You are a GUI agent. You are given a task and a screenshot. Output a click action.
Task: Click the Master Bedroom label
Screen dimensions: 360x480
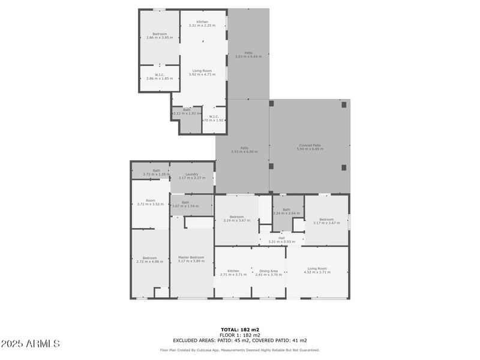pyautogui.click(x=191, y=259)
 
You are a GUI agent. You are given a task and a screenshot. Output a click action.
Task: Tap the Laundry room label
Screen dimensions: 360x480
pyautogui.click(x=192, y=176)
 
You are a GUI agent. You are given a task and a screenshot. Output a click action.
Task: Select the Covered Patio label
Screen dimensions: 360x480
pyautogui.click(x=310, y=147)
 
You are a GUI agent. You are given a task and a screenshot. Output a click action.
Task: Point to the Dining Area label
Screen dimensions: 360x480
pyautogui.click(x=269, y=272)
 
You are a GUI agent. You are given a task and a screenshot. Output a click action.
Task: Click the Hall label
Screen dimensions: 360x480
pyautogui.click(x=281, y=239)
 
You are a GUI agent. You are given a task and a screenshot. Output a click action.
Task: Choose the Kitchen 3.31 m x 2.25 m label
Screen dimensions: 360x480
pyautogui.click(x=202, y=23)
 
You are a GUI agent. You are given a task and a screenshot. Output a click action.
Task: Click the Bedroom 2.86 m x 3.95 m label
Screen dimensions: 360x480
pyautogui.click(x=160, y=35)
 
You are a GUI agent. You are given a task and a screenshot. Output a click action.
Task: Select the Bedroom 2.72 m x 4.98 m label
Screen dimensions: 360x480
pyautogui.click(x=150, y=260)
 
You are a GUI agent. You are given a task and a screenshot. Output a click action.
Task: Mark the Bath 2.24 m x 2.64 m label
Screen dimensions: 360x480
pyautogui.click(x=286, y=211)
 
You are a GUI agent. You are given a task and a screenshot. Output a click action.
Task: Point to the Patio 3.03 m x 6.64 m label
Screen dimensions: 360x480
pyautogui.click(x=248, y=55)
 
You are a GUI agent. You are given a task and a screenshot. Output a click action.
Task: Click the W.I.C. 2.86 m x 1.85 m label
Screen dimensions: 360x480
pyautogui.click(x=160, y=77)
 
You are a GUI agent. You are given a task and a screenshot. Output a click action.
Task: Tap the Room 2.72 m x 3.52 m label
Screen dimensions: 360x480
pyautogui.click(x=150, y=202)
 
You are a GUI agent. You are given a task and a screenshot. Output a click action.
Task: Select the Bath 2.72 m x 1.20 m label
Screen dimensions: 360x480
pyautogui.click(x=157, y=172)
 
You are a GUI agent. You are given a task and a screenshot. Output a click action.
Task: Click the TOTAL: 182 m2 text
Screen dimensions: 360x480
pyautogui.click(x=240, y=329)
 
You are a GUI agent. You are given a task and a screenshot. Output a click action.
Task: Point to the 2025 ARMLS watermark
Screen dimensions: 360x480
pyautogui.click(x=30, y=344)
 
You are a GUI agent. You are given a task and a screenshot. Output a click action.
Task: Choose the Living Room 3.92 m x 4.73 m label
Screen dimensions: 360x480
pyautogui.click(x=202, y=73)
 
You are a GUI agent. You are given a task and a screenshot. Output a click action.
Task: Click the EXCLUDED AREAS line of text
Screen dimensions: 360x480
pyautogui.click(x=240, y=340)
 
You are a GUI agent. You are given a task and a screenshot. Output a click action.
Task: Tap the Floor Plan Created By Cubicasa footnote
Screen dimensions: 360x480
pyautogui.click(x=240, y=350)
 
